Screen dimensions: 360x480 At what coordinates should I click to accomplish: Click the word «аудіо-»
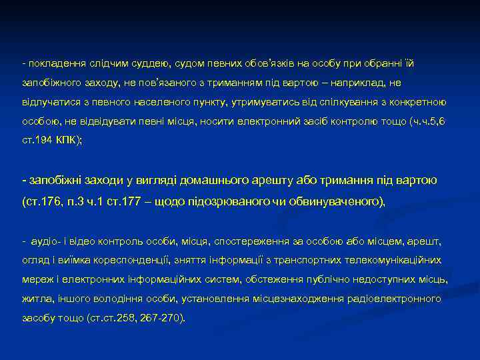(42, 240)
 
